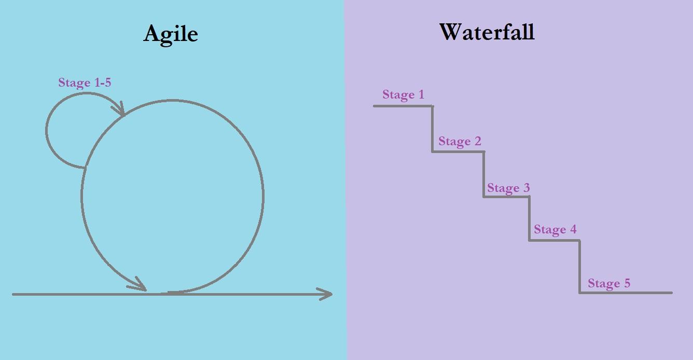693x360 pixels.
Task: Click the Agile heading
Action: click(171, 34)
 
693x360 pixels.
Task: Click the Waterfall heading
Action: click(487, 32)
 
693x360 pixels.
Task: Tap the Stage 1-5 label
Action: click(85, 82)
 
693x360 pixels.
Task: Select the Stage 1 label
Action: click(403, 94)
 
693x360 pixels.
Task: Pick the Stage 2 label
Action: click(460, 141)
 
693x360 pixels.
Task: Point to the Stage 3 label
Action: click(508, 188)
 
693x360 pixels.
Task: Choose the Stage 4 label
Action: click(555, 229)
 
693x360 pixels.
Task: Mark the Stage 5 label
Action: click(609, 283)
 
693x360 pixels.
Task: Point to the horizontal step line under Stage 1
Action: click(403, 106)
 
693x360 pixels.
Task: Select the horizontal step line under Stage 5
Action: click(626, 293)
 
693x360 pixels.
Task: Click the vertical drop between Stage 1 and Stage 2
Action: click(432, 129)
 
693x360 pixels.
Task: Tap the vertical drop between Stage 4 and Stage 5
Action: click(579, 267)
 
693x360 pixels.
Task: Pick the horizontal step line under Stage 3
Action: click(506, 197)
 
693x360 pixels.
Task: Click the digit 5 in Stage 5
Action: click(627, 283)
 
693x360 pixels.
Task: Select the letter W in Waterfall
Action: click(451, 32)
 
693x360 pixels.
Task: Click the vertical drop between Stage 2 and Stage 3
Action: click(484, 174)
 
